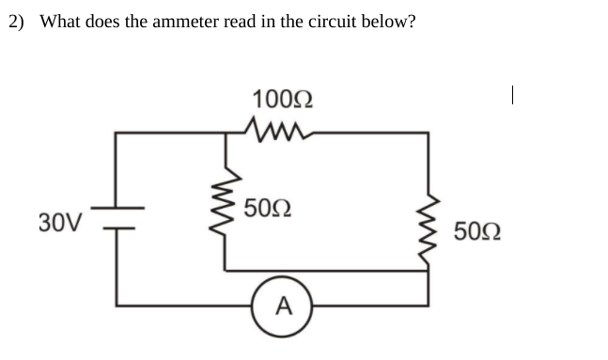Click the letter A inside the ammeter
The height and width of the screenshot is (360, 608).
pyautogui.click(x=284, y=305)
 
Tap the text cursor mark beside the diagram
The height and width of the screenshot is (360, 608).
pyautogui.click(x=510, y=94)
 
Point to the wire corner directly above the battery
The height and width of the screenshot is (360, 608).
pyautogui.click(x=117, y=133)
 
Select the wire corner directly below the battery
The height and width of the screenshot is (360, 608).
pyautogui.click(x=117, y=305)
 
